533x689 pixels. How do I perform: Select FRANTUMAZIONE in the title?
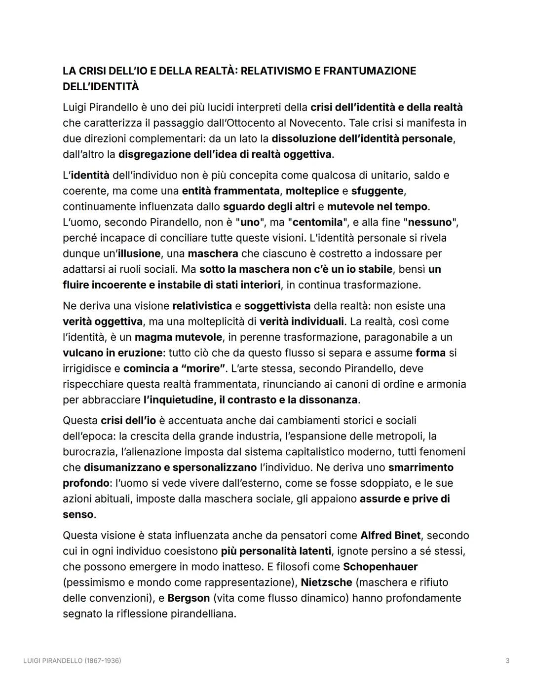tap(370, 71)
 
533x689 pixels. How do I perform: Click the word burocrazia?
tap(89, 452)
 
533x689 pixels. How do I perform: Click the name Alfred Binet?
tap(390, 536)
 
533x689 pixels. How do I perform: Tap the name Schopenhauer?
tap(380, 567)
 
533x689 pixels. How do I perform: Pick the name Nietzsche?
tap(326, 582)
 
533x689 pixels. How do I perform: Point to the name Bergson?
tap(189, 598)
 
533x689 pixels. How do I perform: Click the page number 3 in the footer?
tap(507, 660)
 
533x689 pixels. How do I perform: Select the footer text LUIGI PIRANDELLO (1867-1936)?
tap(72, 660)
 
